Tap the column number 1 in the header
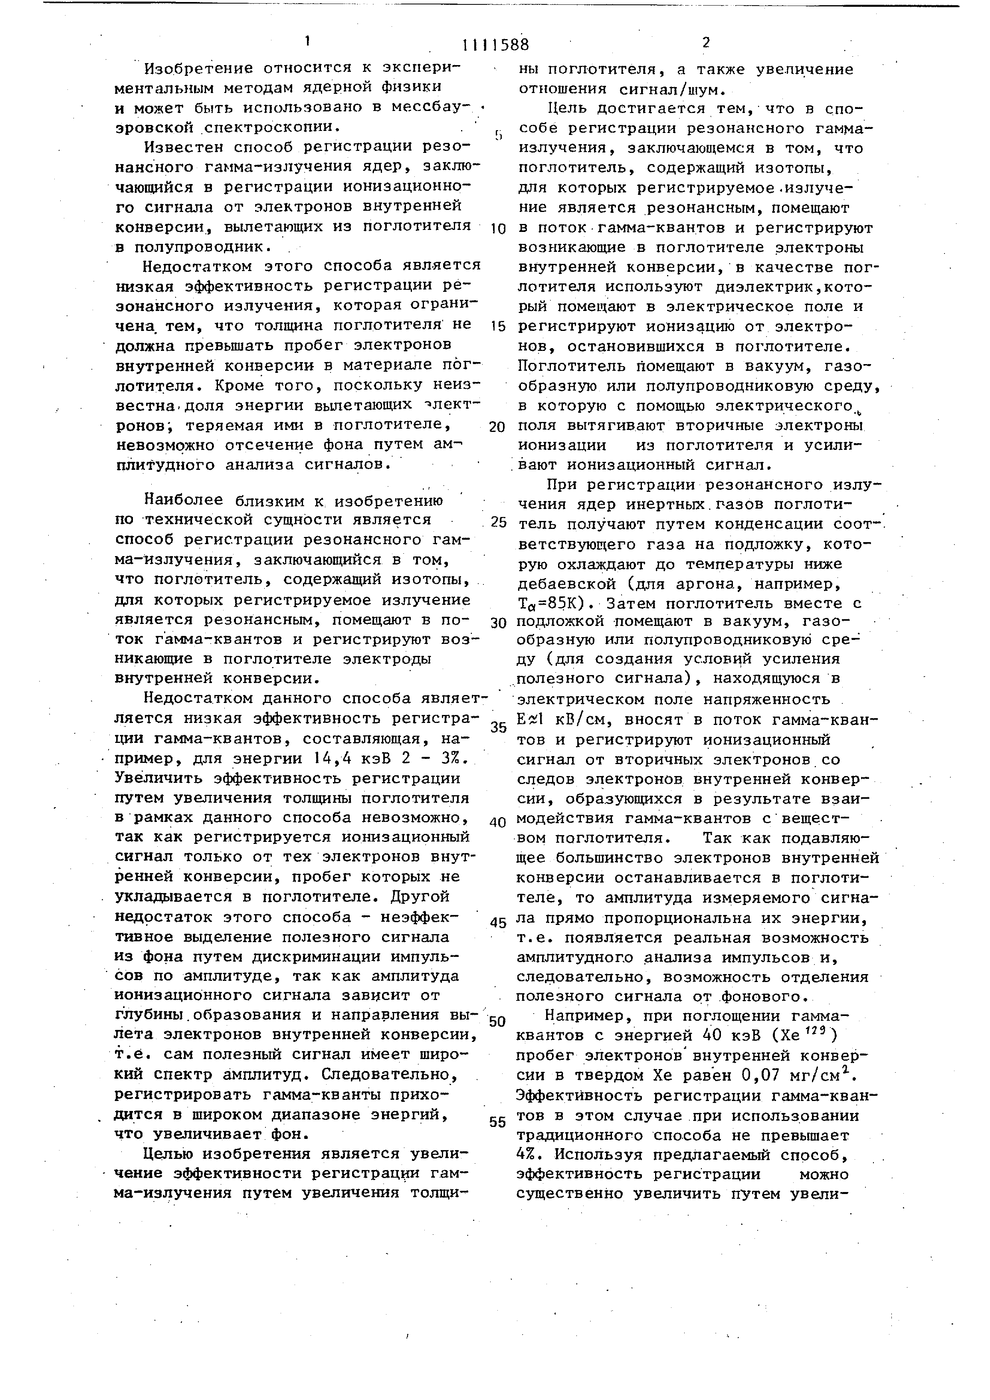(308, 42)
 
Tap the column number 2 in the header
(706, 43)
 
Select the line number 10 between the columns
(498, 229)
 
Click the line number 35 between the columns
(498, 727)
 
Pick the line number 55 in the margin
(498, 1122)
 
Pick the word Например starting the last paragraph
(584, 1016)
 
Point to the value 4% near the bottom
(527, 1154)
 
